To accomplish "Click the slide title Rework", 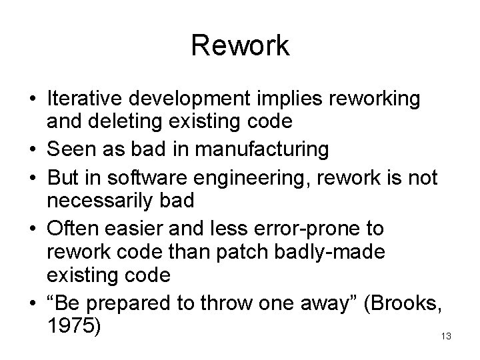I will [240, 46].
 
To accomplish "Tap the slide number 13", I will [446, 337].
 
